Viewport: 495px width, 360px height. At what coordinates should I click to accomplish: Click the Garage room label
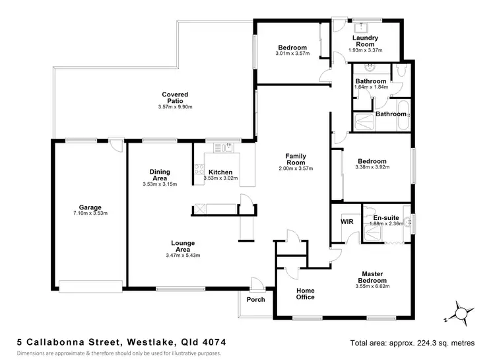[90, 206]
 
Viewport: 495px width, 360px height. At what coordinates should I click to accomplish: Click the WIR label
[347, 222]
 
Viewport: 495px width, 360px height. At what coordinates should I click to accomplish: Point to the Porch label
[255, 300]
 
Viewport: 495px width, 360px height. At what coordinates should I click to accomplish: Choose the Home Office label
[305, 294]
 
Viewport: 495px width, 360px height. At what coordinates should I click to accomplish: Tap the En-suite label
[386, 217]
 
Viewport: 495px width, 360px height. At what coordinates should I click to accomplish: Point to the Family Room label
[295, 159]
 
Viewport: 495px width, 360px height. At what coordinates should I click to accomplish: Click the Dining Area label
[160, 175]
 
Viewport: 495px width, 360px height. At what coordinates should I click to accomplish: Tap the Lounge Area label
[183, 246]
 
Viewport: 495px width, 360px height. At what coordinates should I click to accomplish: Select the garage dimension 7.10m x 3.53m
[90, 213]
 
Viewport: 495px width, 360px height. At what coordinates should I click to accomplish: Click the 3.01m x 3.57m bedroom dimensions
[292, 54]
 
